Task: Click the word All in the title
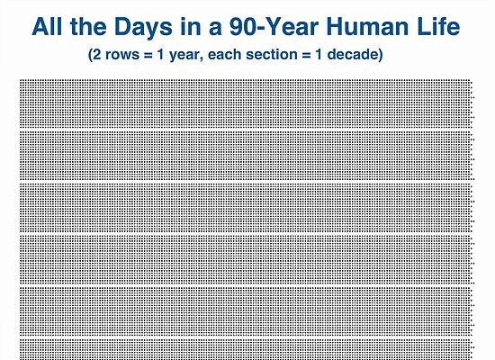pyautogui.click(x=47, y=26)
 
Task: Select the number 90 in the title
pyautogui.click(x=242, y=26)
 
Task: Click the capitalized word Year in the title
pyautogui.click(x=292, y=26)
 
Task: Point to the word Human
pyautogui.click(x=368, y=26)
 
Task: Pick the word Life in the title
pyautogui.click(x=439, y=26)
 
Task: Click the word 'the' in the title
pyautogui.click(x=88, y=26)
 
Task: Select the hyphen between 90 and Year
pyautogui.click(x=260, y=29)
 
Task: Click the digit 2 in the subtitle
pyautogui.click(x=97, y=54)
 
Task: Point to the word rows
pyautogui.click(x=122, y=55)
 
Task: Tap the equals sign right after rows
pyautogui.click(x=148, y=55)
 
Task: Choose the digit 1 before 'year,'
pyautogui.click(x=161, y=54)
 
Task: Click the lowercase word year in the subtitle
pyautogui.click(x=186, y=56)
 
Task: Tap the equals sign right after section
pyautogui.click(x=306, y=55)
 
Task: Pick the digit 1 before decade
pyautogui.click(x=319, y=54)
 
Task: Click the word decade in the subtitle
pyautogui.click(x=353, y=54)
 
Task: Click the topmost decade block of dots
pyautogui.click(x=247, y=103)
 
